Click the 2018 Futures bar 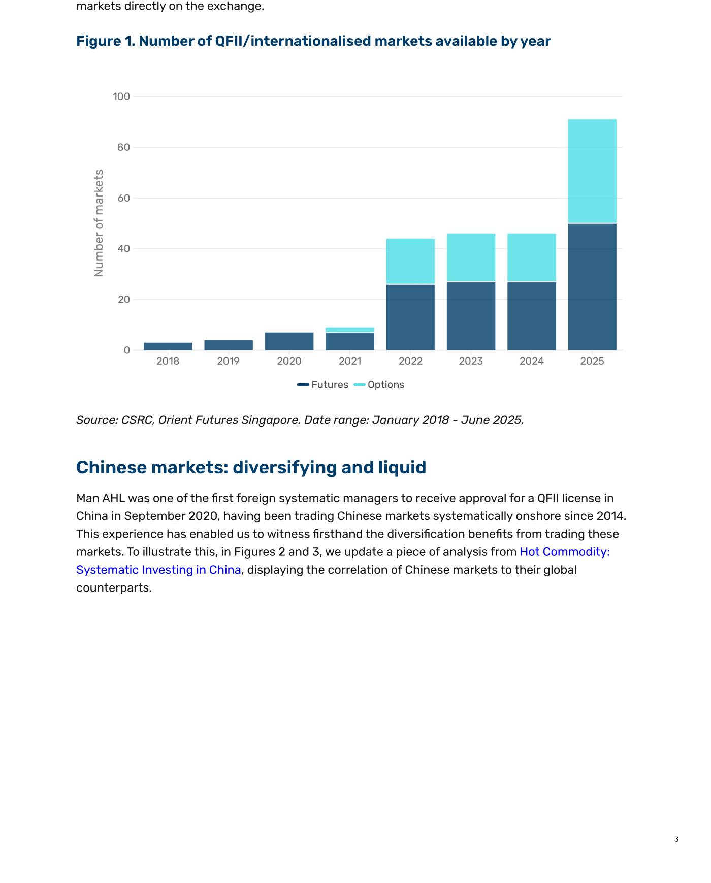point(168,346)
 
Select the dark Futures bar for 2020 point(289,341)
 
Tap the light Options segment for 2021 point(350,330)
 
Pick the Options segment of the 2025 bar point(592,171)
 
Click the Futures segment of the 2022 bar point(410,317)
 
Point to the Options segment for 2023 point(471,257)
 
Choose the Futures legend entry point(323,385)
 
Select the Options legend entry point(379,385)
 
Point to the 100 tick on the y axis point(121,96)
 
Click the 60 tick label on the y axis point(124,198)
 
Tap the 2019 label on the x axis point(229,361)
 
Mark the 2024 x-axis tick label point(532,361)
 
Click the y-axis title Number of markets point(99,223)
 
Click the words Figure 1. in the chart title point(106,41)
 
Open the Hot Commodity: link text point(565,552)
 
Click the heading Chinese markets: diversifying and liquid point(251,467)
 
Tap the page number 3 point(676,839)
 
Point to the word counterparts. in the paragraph point(114,588)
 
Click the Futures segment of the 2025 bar point(592,287)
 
